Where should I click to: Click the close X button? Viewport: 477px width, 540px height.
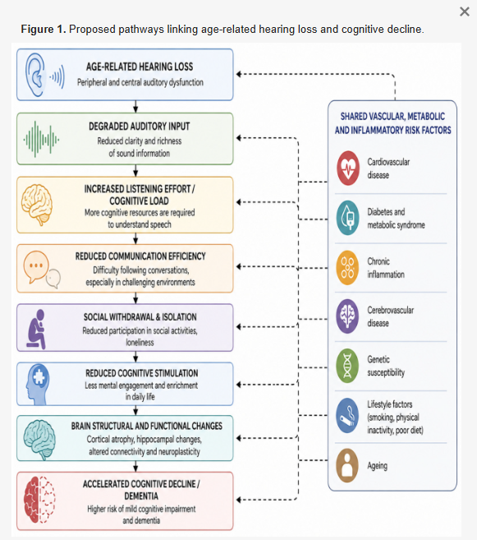pos(465,12)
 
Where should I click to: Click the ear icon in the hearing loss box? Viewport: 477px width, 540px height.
pos(35,75)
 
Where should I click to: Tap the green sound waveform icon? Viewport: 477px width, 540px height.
pos(41,139)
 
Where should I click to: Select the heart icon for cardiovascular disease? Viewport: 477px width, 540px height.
pos(347,168)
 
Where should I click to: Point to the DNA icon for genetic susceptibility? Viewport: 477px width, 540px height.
pos(347,366)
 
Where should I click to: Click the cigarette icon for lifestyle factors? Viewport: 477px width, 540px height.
pos(347,416)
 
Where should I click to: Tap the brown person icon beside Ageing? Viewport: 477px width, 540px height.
pos(347,465)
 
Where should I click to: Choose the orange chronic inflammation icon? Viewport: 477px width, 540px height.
pos(347,268)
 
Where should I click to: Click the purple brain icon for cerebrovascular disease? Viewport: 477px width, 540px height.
pos(347,316)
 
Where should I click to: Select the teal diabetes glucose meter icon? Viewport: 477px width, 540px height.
pos(347,218)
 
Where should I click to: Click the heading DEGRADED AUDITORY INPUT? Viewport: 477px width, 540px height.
pos(140,127)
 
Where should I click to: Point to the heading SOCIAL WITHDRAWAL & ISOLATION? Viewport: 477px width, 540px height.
pos(140,316)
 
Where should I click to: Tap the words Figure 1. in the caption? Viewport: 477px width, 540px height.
pos(44,30)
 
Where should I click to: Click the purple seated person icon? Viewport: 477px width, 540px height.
pos(36,330)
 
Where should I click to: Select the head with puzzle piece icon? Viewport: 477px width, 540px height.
pos(38,384)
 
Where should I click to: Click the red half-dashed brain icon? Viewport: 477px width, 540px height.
pos(39,500)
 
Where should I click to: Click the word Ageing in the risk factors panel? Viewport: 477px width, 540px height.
pos(378,466)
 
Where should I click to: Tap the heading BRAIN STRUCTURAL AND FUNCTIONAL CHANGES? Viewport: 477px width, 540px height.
pos(147,426)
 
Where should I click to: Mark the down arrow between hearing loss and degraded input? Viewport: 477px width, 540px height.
pos(135,106)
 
